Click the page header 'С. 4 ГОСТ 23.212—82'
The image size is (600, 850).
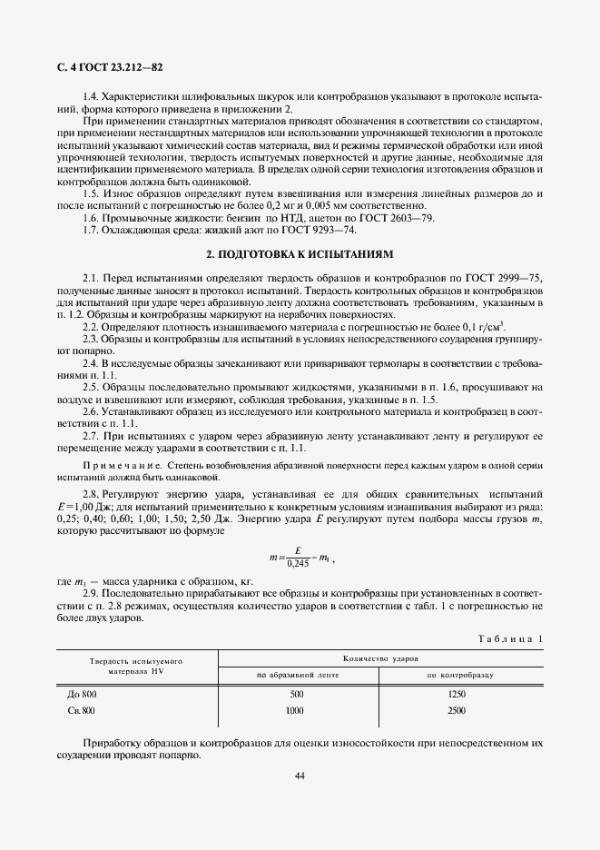102,68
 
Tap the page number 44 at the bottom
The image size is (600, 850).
300,775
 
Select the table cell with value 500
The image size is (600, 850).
297,694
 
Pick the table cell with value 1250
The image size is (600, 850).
457,694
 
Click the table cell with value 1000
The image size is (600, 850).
295,711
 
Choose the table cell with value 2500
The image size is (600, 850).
457,711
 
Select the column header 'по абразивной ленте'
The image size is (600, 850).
297,676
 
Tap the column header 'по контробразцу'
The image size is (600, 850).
457,676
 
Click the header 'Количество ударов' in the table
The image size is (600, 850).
381,657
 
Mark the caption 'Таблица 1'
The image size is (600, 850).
510,638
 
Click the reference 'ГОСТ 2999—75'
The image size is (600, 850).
503,276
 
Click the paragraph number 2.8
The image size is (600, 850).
92,492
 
